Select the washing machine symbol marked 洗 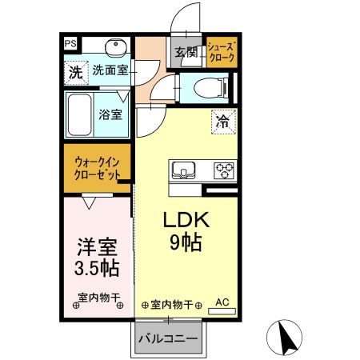[x=74, y=70]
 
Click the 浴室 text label [x=110, y=114]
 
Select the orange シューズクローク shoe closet [x=221, y=52]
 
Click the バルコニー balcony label [x=167, y=339]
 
